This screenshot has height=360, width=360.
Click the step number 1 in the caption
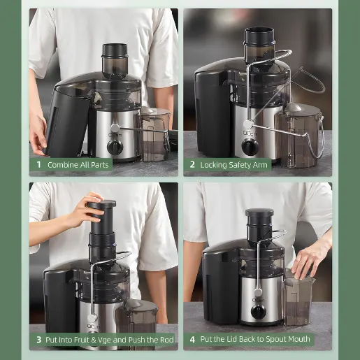click(38, 165)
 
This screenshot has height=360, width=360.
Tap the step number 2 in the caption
click(192, 165)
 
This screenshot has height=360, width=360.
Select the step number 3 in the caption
click(38, 340)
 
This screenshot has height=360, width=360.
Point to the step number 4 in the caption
click(192, 340)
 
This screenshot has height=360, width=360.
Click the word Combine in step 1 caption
click(63, 165)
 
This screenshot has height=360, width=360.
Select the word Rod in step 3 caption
click(167, 340)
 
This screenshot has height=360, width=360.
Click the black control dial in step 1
click(115, 146)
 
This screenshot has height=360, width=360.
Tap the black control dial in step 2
click(250, 146)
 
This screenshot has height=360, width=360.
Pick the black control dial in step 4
click(259, 312)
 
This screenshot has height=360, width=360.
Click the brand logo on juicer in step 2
click(250, 134)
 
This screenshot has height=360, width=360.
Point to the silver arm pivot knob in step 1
click(115, 128)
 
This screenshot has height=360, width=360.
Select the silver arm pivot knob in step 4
click(258, 292)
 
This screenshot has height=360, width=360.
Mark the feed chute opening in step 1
click(115, 48)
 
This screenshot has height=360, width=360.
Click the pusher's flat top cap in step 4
click(259, 212)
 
